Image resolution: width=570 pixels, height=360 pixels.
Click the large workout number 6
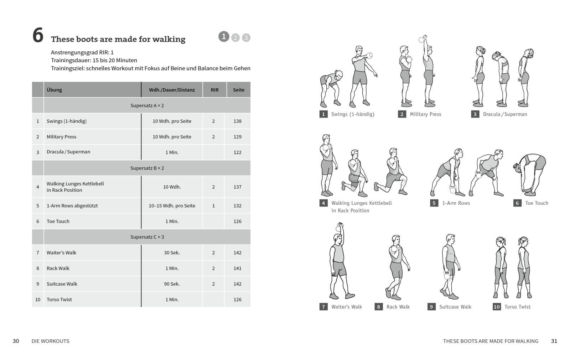click(x=38, y=36)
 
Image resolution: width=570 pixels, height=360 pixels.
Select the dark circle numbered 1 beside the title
click(x=224, y=36)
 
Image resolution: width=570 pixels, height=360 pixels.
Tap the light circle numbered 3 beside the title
click(x=246, y=37)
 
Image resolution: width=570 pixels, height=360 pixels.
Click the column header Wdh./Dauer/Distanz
click(x=172, y=90)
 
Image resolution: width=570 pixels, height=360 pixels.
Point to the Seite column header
click(x=239, y=90)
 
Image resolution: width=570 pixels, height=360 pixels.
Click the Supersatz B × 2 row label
click(x=147, y=168)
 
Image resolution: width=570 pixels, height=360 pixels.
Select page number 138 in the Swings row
click(x=237, y=121)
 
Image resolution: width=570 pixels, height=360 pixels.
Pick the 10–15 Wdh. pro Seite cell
click(x=172, y=206)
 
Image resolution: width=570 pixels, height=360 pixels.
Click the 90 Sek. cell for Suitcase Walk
click(x=172, y=284)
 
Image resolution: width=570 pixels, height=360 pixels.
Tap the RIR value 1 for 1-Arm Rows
click(x=213, y=206)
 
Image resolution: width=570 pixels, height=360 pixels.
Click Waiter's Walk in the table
click(x=61, y=253)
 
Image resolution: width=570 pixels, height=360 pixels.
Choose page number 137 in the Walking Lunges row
click(x=237, y=187)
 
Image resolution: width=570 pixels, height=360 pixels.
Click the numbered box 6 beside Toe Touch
click(x=517, y=203)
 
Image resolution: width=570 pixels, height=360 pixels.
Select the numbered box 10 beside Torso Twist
click(x=497, y=307)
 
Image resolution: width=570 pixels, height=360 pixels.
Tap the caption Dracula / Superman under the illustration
click(x=505, y=114)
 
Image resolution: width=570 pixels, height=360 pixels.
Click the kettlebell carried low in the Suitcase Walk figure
click(x=447, y=275)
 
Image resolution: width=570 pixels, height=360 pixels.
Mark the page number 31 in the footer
click(x=554, y=341)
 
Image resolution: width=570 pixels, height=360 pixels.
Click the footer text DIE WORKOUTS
click(x=50, y=341)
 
